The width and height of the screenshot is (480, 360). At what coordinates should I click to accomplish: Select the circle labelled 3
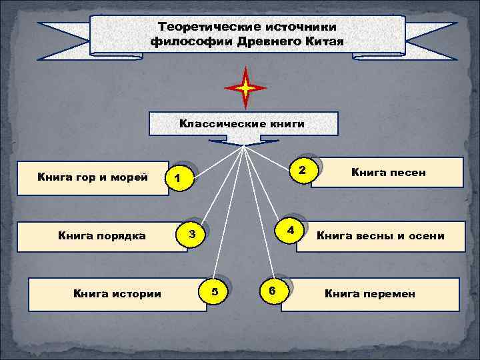click(192, 234)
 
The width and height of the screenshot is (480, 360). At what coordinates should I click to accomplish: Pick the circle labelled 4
click(290, 230)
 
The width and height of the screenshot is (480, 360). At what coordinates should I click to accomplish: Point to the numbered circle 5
click(214, 291)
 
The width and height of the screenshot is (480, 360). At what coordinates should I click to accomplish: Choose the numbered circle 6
click(271, 290)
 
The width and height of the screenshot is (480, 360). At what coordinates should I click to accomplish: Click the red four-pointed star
click(245, 87)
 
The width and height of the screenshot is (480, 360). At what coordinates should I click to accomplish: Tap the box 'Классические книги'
click(243, 124)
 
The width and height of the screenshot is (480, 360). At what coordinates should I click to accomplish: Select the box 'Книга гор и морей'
click(93, 177)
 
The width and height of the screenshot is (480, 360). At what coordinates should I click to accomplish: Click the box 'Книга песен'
click(388, 173)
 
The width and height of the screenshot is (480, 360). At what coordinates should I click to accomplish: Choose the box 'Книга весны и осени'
click(380, 236)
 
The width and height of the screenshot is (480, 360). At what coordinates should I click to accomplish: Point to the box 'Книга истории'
click(117, 294)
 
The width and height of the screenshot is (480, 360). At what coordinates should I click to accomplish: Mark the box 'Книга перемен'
click(370, 294)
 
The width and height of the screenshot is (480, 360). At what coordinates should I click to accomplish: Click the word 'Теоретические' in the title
click(200, 27)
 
